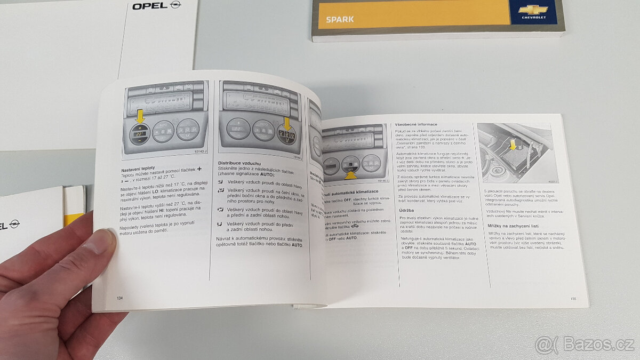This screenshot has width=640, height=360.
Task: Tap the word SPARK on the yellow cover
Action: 340,20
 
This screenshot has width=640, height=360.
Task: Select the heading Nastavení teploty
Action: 138,168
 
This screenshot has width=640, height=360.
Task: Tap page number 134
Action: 119,298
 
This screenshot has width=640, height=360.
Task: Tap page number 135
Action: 573,299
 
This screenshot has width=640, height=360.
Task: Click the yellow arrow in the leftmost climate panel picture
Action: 140,115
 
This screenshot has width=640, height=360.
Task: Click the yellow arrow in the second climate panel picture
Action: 286,124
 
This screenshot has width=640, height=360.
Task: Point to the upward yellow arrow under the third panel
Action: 350,173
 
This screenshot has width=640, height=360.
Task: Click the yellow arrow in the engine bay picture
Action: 513,144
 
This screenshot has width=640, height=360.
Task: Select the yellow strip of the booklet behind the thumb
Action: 73,217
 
